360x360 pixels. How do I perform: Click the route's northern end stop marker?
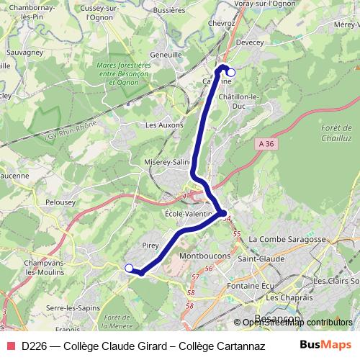coord(231,72)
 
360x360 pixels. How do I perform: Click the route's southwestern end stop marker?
coord(129,269)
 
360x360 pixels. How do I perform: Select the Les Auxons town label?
coord(165,125)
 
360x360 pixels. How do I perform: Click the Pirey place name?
coord(150,245)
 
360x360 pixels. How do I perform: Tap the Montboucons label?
coord(204,256)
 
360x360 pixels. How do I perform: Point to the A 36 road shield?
coord(266,144)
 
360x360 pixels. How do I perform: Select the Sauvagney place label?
coord(25,53)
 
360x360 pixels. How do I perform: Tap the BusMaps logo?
coord(325,344)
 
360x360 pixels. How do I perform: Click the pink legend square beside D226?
coord(9,345)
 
